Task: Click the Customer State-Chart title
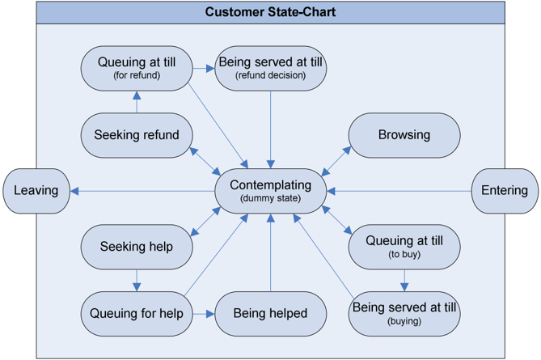pos(270,12)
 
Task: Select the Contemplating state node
pos(270,191)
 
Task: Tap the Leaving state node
pos(36,191)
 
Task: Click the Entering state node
pos(505,191)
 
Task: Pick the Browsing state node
pos(404,135)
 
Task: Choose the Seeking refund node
pos(137,135)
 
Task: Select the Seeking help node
pos(137,247)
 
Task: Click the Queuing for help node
pos(137,314)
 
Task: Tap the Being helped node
pos(270,314)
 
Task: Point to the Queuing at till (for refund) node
pos(137,68)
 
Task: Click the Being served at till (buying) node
pos(404,314)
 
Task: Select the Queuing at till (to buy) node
pos(404,247)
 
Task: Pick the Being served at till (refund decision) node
pos(270,68)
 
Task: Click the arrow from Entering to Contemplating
pos(399,191)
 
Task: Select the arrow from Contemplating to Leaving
pos(142,191)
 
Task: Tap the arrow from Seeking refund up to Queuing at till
pos(137,102)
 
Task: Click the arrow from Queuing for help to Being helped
pos(204,314)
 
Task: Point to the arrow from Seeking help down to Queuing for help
pos(137,280)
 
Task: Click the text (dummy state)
pos(270,198)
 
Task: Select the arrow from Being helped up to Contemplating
pos(270,252)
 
